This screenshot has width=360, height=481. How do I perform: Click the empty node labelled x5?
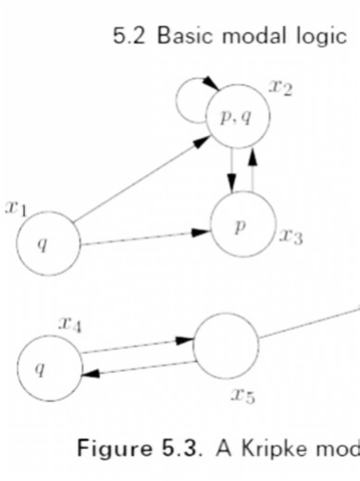point(226,345)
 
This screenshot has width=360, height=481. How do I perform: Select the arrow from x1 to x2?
point(139,180)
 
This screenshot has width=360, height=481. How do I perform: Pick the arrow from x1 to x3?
point(143,240)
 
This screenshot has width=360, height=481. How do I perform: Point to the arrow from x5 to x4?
point(139,369)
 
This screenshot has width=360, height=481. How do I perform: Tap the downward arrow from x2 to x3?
point(230,171)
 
